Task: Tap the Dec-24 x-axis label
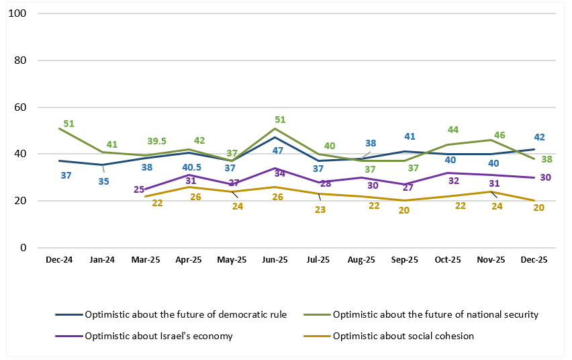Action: [59, 259]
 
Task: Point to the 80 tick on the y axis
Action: [20, 60]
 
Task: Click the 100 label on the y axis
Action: [18, 13]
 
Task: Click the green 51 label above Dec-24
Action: [68, 124]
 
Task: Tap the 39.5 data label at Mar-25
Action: [156, 141]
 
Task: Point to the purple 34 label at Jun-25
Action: [280, 175]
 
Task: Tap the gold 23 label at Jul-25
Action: [321, 210]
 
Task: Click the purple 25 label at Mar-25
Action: [139, 189]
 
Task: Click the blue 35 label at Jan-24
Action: [103, 181]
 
